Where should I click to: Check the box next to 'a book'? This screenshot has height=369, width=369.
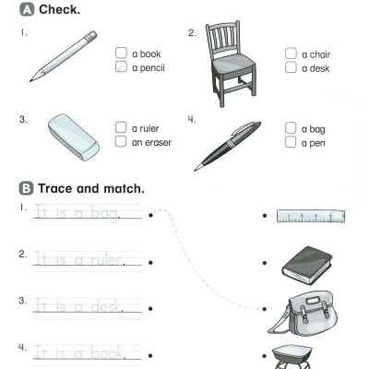point(121,53)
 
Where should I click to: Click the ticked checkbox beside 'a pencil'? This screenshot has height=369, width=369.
point(121,66)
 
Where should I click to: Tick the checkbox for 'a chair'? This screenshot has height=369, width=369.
point(291,54)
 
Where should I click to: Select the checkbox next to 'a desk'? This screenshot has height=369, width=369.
point(291,67)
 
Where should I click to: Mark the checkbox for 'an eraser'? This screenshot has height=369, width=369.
point(121,141)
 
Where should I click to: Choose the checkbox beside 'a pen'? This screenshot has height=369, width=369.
point(291,142)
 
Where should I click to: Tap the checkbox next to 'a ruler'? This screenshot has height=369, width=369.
point(121,127)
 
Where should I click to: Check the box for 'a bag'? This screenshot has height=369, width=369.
point(291,128)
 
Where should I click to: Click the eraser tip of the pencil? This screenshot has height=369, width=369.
point(91,36)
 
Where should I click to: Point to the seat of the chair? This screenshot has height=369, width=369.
point(233,63)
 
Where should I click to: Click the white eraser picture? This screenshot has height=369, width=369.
point(74,137)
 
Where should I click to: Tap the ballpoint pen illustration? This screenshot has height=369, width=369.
point(228,146)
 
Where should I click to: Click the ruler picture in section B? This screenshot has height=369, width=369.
point(311,216)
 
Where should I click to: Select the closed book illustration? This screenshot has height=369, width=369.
point(307,265)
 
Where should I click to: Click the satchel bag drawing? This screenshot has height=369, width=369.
point(303,314)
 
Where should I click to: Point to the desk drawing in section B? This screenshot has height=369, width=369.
point(292,357)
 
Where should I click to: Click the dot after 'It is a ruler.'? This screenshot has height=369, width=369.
point(150,263)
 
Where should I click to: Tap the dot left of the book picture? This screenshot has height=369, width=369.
point(265,263)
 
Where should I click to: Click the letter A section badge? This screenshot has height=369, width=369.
point(27,9)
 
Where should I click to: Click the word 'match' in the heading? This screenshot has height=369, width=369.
point(124,188)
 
